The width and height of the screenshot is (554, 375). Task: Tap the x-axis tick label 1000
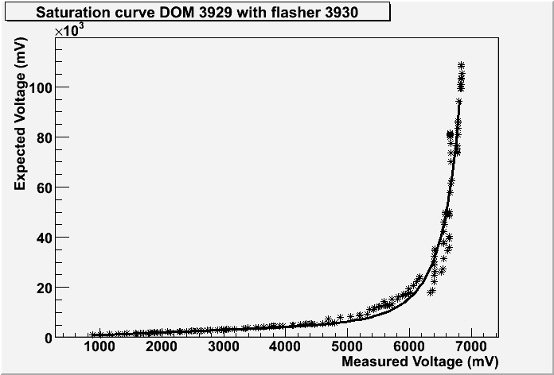pyautogui.click(x=99, y=347)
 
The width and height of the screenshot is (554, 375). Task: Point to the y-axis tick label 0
pyautogui.click(x=47, y=337)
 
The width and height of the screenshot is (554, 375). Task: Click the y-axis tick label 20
pyautogui.click(x=44, y=287)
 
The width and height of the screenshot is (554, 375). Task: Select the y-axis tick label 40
pyautogui.click(x=44, y=237)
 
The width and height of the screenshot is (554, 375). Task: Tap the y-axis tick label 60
pyautogui.click(x=44, y=187)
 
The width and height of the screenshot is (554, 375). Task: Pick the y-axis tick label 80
pyautogui.click(x=44, y=137)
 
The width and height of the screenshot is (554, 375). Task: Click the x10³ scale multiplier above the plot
pyautogui.click(x=69, y=31)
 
